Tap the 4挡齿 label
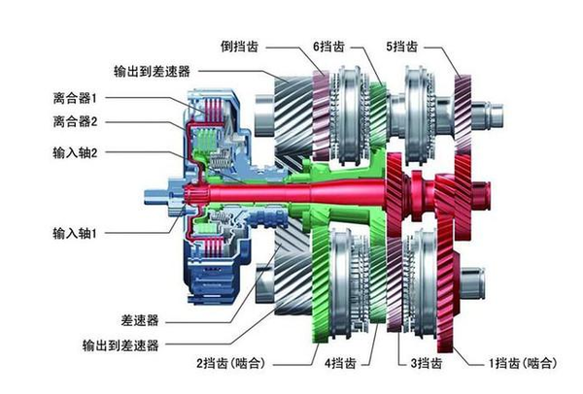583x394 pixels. [340, 364]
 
